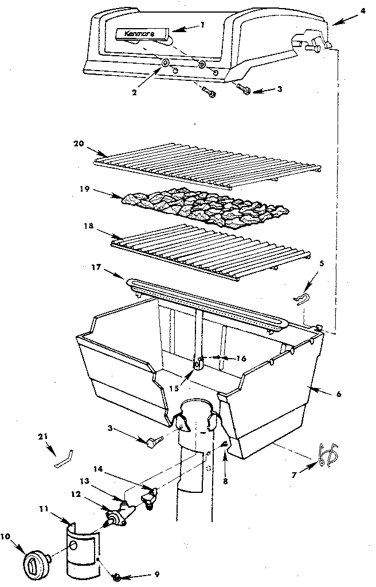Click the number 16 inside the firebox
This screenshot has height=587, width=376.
click(x=241, y=359)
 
